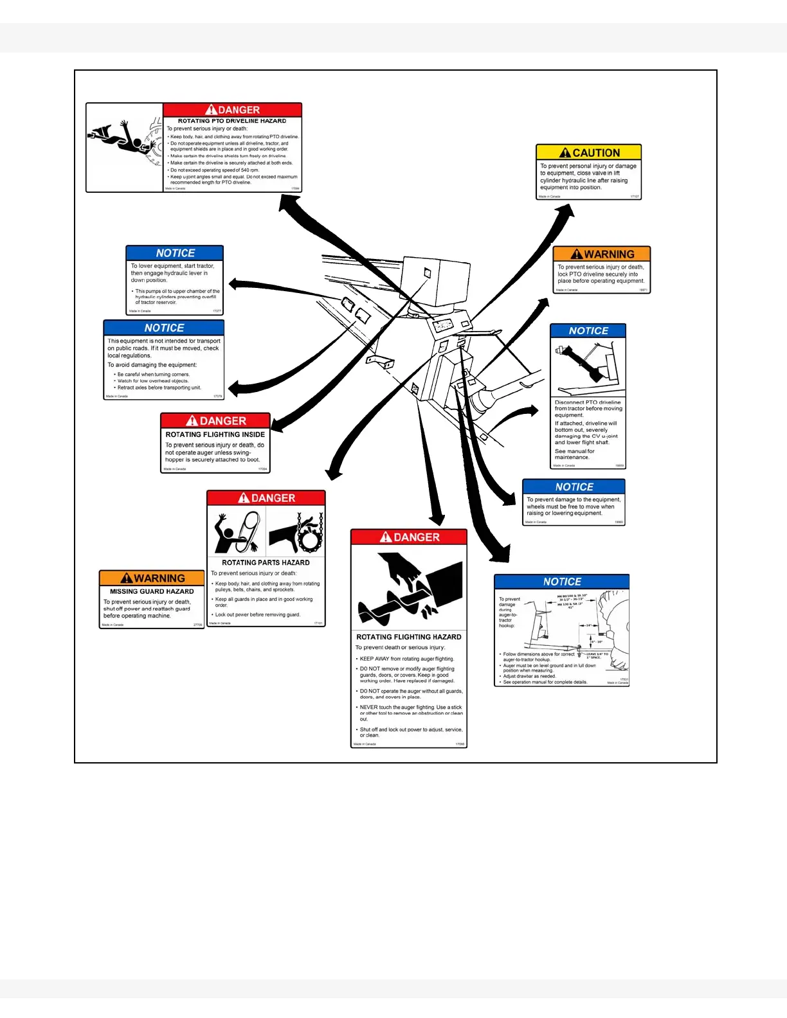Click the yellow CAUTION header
(589, 152)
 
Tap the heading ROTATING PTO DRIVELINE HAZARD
(232, 121)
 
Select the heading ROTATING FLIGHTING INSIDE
(215, 434)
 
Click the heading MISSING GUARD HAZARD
(152, 591)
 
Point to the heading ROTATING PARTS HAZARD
(266, 562)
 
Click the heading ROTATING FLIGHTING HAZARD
(409, 637)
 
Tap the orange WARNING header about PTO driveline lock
(602, 254)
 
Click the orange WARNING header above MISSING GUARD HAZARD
(152, 578)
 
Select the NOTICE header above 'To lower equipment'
(175, 253)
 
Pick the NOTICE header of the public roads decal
(164, 328)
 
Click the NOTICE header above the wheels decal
(574, 487)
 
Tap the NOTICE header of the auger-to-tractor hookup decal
(562, 582)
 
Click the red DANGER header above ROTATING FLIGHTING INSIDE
(215, 421)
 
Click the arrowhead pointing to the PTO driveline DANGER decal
(285, 201)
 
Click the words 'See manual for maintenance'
(574, 454)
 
